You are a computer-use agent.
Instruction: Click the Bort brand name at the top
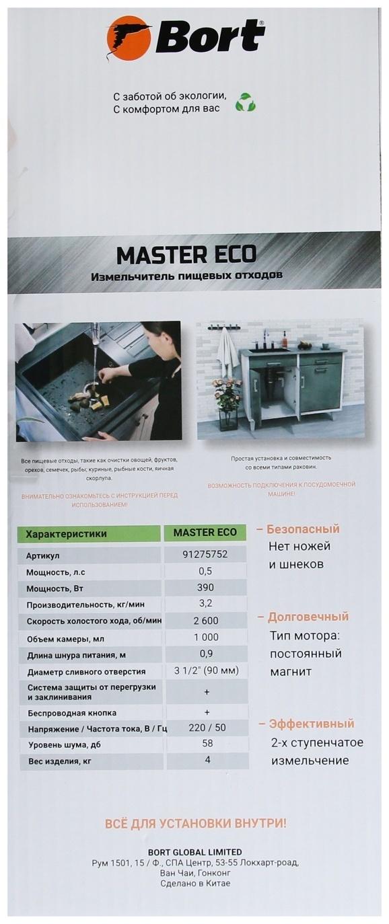coord(210,36)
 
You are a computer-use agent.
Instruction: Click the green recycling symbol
coord(245,102)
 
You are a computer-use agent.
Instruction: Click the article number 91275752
coord(205,555)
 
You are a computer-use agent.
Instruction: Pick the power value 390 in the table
coord(205,588)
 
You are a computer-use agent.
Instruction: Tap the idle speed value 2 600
coord(205,620)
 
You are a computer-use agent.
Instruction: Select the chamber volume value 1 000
coord(205,637)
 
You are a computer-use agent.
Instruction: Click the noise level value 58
coord(207,744)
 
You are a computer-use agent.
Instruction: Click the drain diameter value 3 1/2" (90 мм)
coord(206,670)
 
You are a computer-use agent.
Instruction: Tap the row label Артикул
coord(43,556)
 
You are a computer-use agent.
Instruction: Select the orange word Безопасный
coord(303,529)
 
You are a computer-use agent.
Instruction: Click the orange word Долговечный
coord(308,617)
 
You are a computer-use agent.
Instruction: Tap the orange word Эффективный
coord(311,724)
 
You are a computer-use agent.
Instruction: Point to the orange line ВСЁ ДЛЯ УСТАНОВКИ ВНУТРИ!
coord(195,823)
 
